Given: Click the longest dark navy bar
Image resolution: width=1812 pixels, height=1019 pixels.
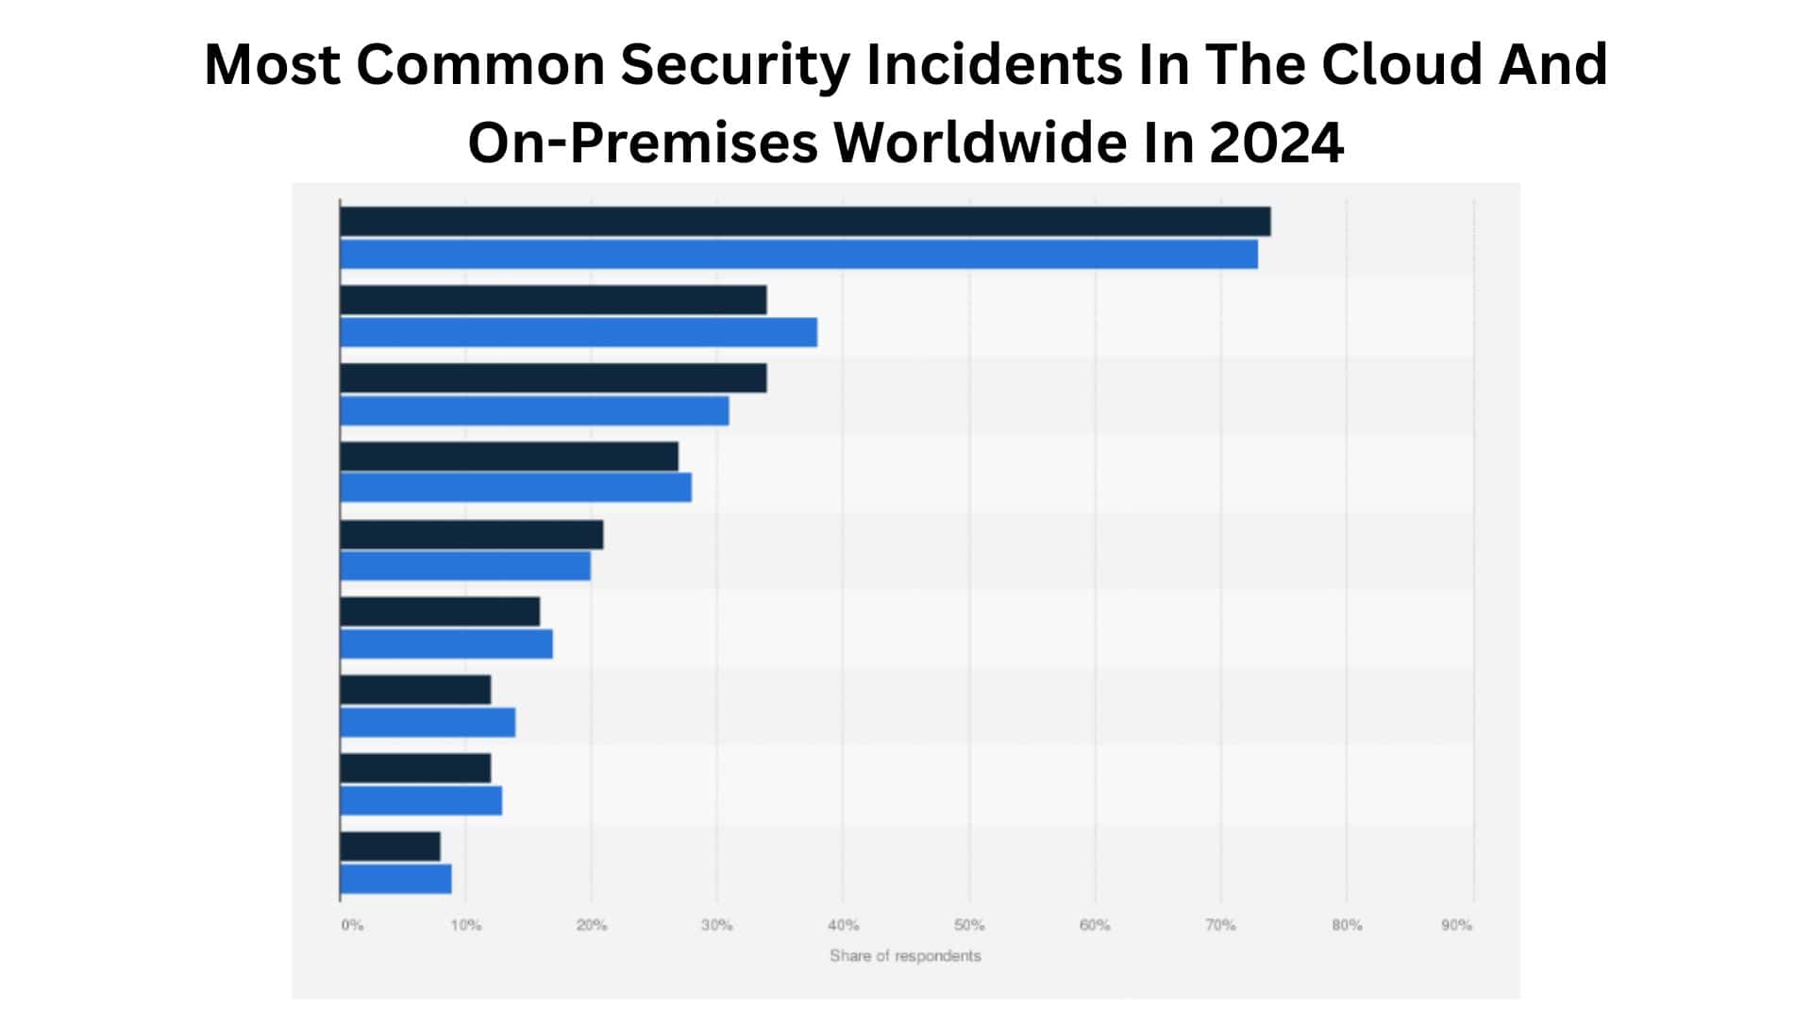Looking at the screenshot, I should tap(805, 222).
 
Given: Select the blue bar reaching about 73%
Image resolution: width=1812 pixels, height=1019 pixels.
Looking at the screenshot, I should tap(798, 255).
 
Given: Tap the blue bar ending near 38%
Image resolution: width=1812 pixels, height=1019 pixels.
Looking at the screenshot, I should tap(579, 333).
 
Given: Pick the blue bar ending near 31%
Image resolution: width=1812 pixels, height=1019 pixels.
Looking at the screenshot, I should tap(534, 411).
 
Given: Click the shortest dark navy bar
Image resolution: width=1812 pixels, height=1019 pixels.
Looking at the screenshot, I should tap(390, 846).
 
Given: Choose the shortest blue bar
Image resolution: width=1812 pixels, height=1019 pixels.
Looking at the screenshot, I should tap(395, 879).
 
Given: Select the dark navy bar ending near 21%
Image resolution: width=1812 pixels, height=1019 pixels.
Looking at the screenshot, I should tap(471, 535).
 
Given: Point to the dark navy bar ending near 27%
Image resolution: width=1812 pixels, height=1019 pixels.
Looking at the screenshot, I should tap(509, 457).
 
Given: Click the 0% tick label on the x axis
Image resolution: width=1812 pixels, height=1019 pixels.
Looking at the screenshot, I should tap(352, 926).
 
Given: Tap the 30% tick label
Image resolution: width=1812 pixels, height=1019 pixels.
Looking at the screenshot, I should tap(716, 926).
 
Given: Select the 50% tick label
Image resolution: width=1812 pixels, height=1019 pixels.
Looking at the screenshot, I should tap(969, 926).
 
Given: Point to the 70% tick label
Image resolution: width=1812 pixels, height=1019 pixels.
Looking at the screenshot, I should tap(1220, 926).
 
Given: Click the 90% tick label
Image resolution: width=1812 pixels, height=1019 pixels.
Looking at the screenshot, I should tap(1456, 926).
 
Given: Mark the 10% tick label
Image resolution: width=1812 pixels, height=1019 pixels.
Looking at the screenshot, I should tap(465, 926).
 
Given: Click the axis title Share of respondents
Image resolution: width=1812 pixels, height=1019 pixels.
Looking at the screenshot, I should tap(905, 956).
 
